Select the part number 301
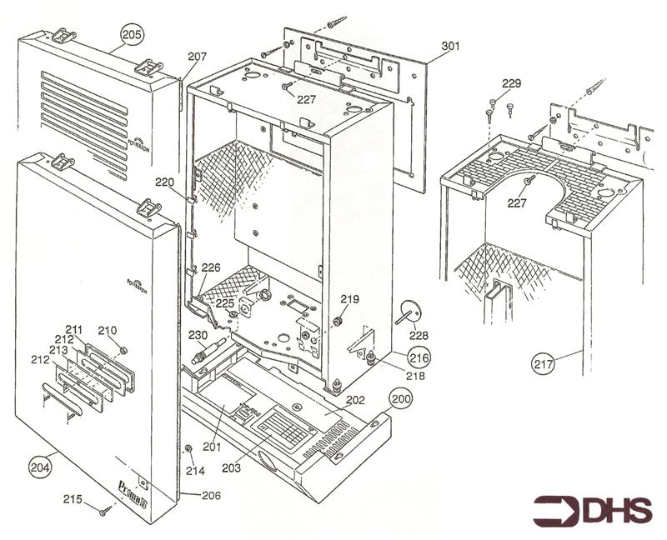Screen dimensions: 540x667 [x=450, y=47]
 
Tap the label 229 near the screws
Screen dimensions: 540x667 [x=511, y=83]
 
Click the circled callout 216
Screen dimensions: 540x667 [x=418, y=357]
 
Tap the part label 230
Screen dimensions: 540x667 [x=198, y=335]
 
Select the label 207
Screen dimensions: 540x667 [x=197, y=57]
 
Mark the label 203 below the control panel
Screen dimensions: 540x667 [x=231, y=468]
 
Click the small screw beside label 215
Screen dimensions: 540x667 [x=104, y=511]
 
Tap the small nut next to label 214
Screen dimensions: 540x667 [x=189, y=449]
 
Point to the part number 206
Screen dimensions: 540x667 [x=210, y=495]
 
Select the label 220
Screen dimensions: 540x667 [x=164, y=181]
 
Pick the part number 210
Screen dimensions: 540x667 [x=108, y=330]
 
